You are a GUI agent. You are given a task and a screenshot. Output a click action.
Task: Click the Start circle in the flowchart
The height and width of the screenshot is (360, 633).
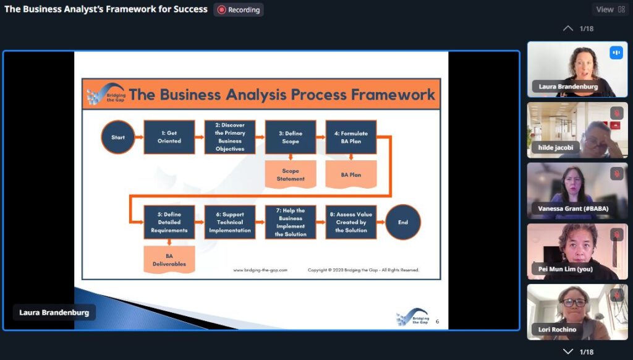(x=118, y=137)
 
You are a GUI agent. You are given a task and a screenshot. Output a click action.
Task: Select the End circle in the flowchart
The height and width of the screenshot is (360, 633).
(x=403, y=222)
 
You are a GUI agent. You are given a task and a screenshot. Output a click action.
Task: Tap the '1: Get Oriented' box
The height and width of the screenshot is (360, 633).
(x=169, y=137)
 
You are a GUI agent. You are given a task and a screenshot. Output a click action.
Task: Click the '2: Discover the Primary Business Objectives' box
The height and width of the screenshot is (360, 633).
(x=230, y=137)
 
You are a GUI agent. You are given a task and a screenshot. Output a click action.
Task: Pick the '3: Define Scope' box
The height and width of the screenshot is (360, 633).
(x=291, y=137)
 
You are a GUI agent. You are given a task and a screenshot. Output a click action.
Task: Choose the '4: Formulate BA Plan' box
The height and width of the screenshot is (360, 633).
(x=351, y=137)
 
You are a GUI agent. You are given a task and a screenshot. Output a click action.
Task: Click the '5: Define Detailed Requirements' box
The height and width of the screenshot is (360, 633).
(x=169, y=222)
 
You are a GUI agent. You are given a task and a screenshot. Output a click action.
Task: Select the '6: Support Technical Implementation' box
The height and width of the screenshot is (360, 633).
(x=230, y=222)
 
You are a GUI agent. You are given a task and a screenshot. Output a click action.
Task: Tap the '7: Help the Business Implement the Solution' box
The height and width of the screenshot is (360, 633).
(x=291, y=222)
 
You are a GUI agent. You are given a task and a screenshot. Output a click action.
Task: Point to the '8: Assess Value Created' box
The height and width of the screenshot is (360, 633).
(x=351, y=222)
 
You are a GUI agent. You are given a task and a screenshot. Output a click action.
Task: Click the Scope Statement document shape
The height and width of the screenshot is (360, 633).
(x=291, y=174)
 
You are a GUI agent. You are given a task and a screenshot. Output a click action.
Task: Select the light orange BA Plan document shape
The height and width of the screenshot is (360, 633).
(x=351, y=174)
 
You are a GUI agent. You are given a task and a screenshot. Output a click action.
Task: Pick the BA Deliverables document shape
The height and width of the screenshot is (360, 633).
(x=169, y=260)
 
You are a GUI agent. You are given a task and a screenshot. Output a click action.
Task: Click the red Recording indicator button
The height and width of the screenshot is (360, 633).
(x=239, y=10)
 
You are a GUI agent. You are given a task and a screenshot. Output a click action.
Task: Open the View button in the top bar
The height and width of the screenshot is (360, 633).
(x=610, y=9)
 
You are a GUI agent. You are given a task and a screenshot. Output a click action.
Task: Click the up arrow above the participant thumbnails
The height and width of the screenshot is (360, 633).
(x=568, y=28)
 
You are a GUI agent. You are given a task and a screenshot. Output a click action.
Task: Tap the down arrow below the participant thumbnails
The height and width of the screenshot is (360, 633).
(x=568, y=351)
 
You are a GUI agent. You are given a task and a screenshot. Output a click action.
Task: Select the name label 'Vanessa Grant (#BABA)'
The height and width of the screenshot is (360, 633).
(x=573, y=208)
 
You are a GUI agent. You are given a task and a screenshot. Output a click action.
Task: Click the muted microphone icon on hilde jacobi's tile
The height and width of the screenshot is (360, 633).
(x=616, y=113)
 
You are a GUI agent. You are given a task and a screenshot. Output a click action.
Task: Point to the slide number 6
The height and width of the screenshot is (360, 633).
(x=437, y=322)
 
